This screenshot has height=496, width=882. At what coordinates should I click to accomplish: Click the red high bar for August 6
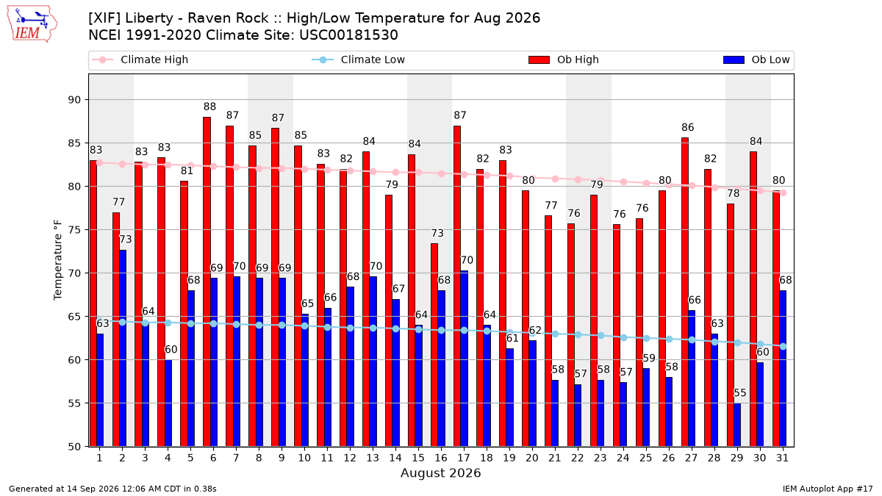point(207,282)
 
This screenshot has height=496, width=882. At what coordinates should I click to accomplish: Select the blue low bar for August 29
point(737,425)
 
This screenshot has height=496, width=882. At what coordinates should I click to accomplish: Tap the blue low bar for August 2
point(123,348)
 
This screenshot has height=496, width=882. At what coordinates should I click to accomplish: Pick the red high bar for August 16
point(434,345)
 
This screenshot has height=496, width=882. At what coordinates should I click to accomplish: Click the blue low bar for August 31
point(783,368)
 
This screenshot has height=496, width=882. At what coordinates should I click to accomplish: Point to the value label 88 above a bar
point(209,107)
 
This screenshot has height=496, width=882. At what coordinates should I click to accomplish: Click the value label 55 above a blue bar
point(740,393)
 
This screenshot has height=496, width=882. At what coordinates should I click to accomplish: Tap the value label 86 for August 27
point(687,128)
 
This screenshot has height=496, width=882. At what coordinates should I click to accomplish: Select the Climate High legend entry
point(140,60)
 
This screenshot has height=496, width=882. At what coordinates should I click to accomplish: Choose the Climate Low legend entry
point(359,60)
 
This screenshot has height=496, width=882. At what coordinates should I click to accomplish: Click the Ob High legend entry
point(564,60)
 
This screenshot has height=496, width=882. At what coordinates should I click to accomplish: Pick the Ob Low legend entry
point(756,60)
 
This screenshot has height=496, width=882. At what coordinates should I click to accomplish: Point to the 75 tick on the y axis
point(74,230)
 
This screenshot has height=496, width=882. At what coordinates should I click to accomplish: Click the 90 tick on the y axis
point(74,100)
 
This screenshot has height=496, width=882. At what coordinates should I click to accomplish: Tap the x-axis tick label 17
point(464,458)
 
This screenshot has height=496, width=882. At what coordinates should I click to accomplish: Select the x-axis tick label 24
point(623,458)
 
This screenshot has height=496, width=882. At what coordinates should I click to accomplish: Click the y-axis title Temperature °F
point(58,260)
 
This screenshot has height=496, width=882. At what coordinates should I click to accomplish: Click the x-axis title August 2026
point(440,472)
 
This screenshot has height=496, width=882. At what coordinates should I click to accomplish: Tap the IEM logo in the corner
point(32,24)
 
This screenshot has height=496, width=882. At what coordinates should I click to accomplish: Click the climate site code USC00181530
point(348,35)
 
